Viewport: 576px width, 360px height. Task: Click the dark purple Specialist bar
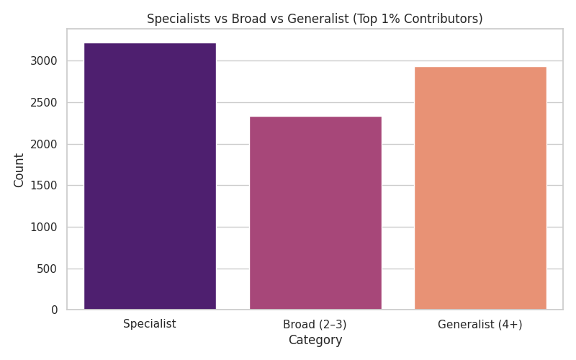150,176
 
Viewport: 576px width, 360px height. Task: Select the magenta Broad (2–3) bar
315,213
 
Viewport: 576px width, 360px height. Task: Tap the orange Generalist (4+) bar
480,189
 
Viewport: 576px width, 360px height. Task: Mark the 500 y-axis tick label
52,269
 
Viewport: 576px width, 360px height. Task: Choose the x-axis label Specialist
150,324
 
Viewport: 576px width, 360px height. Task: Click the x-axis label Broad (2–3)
315,325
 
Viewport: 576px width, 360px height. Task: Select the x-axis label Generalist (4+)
480,325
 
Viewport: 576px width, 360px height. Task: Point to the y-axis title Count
19,170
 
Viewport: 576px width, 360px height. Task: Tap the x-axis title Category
315,341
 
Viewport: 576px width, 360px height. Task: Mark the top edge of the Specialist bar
150,43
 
